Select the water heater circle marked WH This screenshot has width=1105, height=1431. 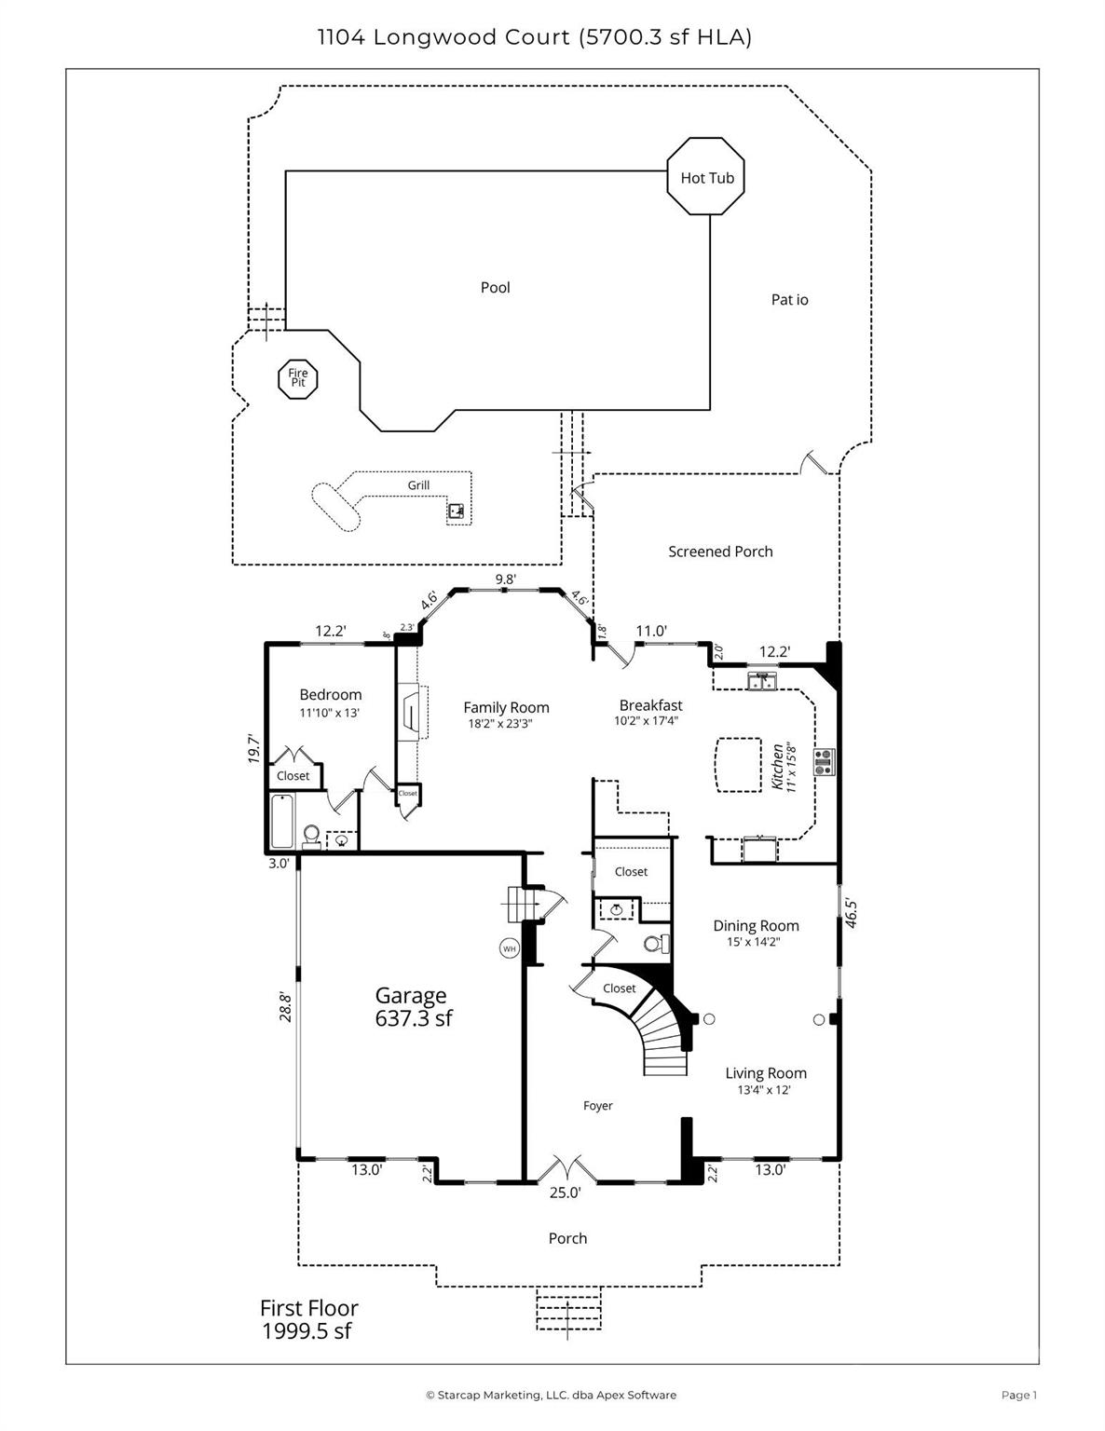pos(509,948)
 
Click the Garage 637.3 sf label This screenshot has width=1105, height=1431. pos(413,1006)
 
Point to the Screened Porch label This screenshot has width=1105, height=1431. pos(720,552)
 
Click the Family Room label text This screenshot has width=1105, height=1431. pos(506,708)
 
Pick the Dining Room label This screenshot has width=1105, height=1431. pos(756,926)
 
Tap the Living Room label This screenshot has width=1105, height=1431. pos(765,1073)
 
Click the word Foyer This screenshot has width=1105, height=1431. pos(597,1106)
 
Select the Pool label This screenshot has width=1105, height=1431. pos(495,288)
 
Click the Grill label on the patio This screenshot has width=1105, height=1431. pos(418,485)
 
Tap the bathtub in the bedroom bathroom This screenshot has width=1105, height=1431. pos(282,821)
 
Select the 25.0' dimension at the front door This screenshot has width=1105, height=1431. pos(565,1192)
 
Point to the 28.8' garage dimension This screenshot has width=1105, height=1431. pos(284,1007)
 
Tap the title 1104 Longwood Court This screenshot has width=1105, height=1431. pos(443,37)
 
